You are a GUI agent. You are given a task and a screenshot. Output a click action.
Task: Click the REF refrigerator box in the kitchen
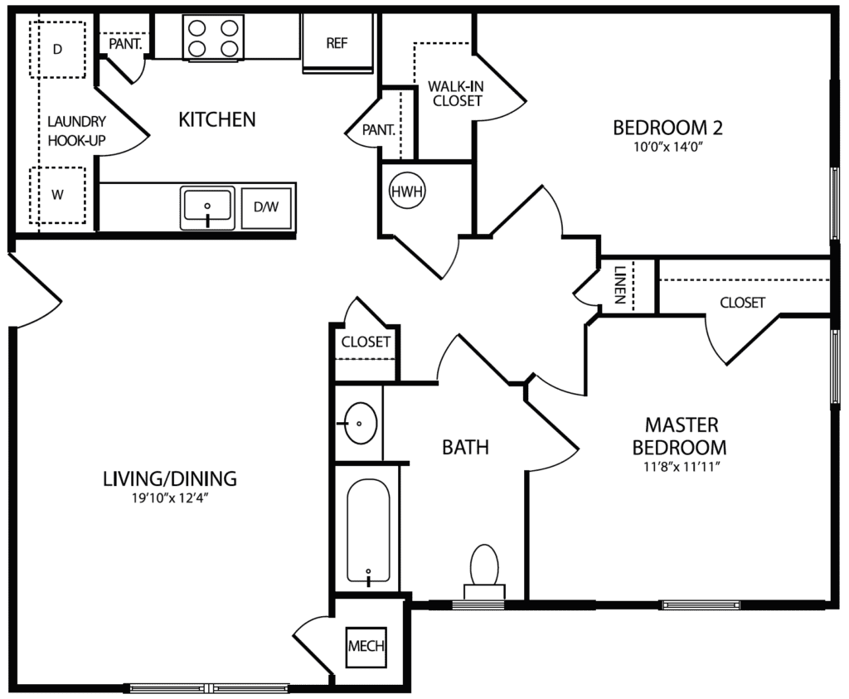[337, 43]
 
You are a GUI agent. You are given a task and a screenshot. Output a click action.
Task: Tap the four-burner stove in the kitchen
[213, 38]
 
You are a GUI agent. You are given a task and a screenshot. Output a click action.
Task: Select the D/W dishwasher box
[266, 207]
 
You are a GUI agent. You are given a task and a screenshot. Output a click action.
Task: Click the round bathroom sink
[360, 424]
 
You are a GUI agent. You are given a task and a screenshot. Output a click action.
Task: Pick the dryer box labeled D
[57, 50]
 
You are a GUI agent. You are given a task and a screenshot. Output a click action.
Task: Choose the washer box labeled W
[57, 196]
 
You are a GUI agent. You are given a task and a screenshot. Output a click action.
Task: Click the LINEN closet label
[620, 285]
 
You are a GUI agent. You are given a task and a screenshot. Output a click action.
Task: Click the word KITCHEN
[217, 120]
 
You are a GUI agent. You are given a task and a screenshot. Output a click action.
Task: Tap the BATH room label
[465, 448]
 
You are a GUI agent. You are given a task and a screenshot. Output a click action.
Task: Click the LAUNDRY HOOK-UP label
[75, 130]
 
